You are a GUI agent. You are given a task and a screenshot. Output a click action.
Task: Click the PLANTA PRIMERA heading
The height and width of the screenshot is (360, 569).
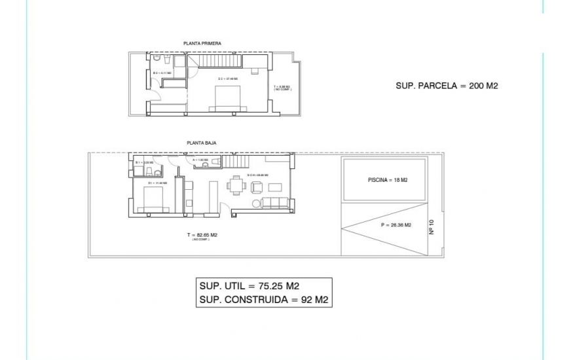pos(202,43)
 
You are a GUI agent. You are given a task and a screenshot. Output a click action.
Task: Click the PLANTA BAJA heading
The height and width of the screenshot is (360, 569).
pos(202,142)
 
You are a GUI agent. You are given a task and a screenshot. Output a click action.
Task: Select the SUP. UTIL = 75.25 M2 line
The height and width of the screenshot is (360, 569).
pos(249,285)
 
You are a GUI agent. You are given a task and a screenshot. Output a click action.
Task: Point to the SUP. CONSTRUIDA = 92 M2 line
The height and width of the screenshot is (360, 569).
pos(263,300)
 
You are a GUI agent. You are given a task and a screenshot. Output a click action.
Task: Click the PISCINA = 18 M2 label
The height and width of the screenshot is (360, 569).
pos(388,180)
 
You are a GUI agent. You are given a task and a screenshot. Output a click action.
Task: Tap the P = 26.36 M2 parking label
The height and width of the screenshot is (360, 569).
pos(395,225)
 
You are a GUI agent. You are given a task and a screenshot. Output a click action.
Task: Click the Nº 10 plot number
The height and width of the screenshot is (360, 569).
pos(433,228)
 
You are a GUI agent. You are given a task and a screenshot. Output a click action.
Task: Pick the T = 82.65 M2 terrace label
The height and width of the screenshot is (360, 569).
pos(202,235)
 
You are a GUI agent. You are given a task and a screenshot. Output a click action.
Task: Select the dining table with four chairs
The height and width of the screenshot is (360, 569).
pos(236,187)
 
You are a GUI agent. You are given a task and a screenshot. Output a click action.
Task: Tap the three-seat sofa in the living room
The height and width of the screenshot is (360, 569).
pos(272,204)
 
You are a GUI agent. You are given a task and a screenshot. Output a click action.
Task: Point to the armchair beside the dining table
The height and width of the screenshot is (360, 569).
pos(257,187)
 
